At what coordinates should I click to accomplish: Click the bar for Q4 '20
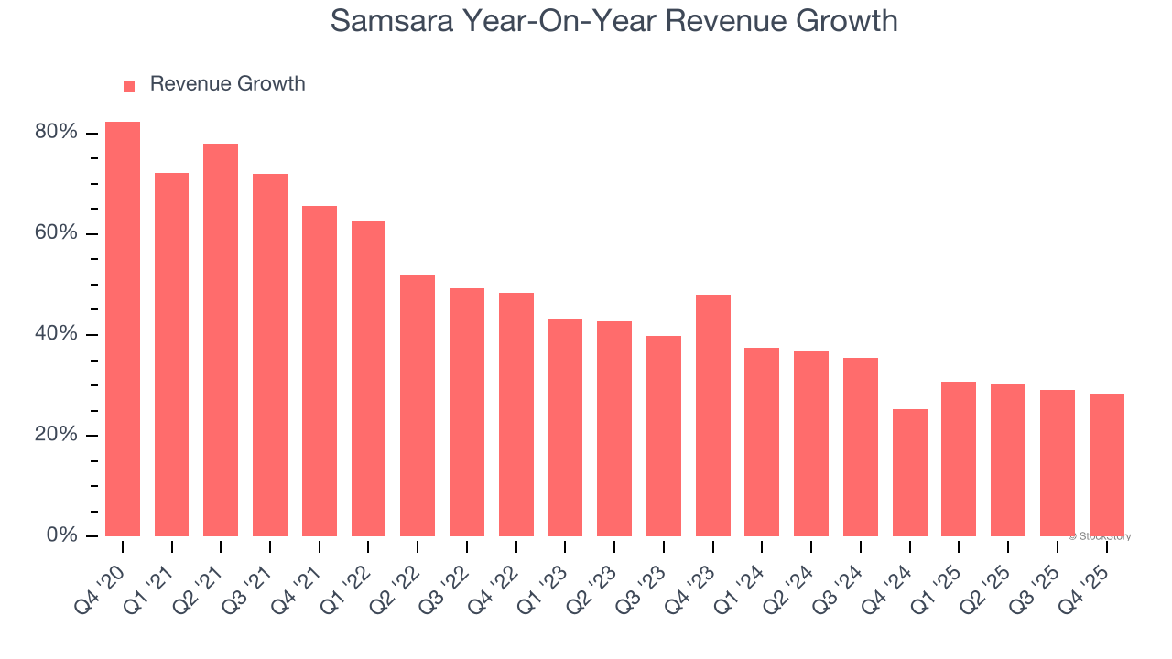tap(123, 329)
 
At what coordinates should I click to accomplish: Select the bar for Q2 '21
tap(221, 340)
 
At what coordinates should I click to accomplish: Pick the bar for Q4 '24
tap(909, 472)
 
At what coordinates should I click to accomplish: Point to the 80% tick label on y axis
tap(56, 133)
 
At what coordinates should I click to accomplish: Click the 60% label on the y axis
tap(56, 233)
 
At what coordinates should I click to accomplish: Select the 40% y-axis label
tap(56, 334)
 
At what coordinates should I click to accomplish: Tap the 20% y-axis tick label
tap(56, 435)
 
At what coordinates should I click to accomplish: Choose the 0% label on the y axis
tap(61, 535)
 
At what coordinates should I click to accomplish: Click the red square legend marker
tap(129, 85)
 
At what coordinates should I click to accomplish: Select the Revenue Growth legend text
tap(227, 84)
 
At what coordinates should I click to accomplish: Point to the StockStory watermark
tap(1099, 536)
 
